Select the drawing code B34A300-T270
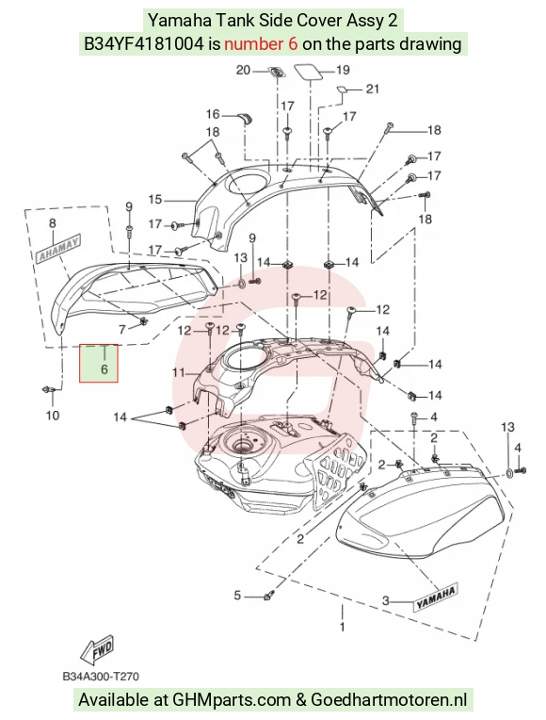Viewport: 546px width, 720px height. pos(101,677)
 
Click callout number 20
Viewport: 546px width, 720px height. pos(243,71)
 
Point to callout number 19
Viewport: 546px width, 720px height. pos(343,71)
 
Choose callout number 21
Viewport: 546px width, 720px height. pos(373,89)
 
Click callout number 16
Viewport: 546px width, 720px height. pos(213,114)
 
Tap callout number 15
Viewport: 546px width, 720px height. pos(155,200)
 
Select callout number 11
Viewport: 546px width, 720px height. pos(178,372)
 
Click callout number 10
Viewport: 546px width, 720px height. pos(53,416)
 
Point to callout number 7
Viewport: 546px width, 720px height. pos(122,329)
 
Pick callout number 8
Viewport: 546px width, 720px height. pos(53,223)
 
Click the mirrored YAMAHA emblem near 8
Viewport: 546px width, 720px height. pos(58,249)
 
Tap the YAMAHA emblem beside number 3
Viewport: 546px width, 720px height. pos(437,597)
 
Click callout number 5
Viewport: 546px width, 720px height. pos(237,596)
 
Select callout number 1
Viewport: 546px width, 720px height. pos(342,627)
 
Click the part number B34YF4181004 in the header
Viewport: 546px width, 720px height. pos(144,43)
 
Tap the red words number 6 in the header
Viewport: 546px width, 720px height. pos(261,43)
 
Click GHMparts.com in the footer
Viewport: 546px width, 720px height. pos(233,700)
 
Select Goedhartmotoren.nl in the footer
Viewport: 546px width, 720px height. pos(389,700)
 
